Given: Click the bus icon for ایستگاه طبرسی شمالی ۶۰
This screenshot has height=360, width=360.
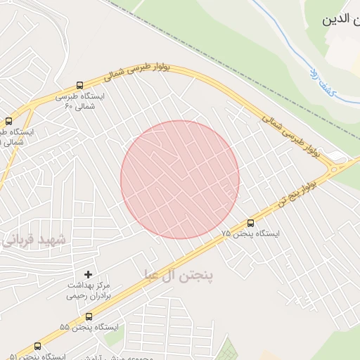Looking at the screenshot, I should tap(79, 83).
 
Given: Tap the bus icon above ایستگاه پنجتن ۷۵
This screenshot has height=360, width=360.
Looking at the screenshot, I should tap(250, 224).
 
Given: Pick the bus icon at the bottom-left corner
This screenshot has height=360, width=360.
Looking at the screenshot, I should tap(37, 346).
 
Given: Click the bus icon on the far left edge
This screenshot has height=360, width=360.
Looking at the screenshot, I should tap(8, 121).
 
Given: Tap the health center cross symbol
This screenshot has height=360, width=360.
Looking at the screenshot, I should tap(88, 274).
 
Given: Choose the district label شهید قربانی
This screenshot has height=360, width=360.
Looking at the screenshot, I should tap(35, 240).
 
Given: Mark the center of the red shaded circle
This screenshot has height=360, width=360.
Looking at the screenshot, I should tap(180, 179).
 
